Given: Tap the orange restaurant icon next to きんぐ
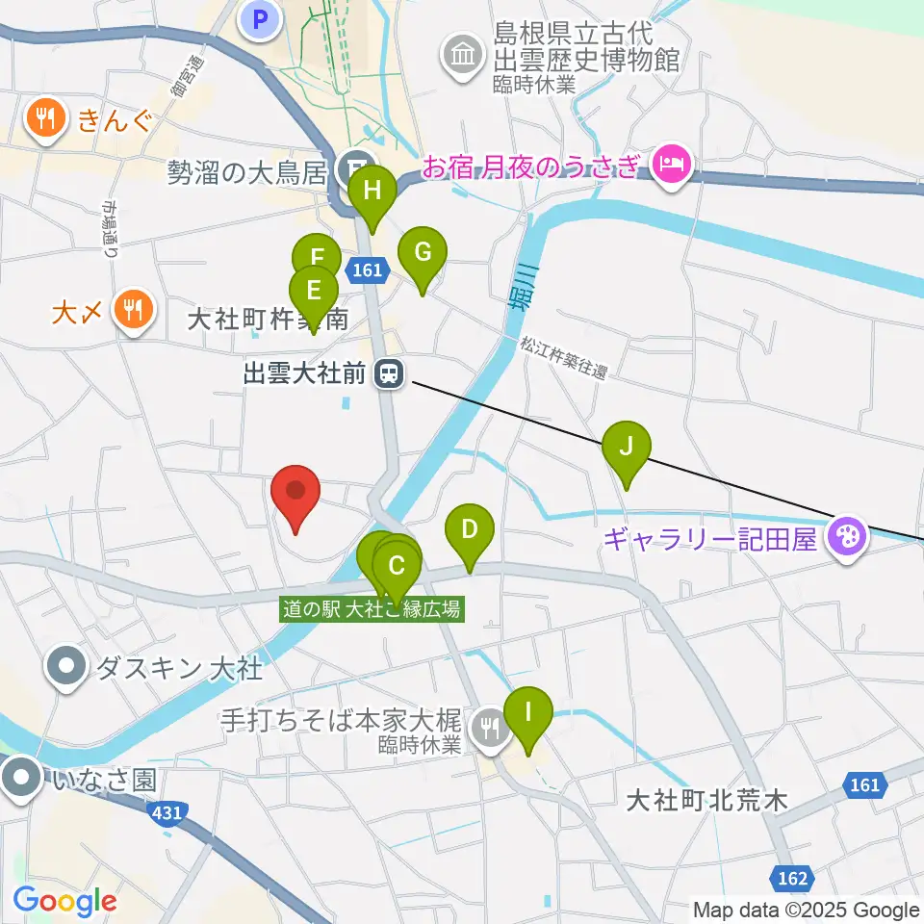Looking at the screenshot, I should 45,119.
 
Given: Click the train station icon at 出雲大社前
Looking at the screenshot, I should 388,372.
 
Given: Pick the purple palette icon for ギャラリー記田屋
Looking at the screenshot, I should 848,537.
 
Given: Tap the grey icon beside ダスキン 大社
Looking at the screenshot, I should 66,666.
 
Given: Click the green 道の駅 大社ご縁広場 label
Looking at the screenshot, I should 372,609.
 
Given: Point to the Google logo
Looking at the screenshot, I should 64,901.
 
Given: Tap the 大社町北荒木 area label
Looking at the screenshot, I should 706,799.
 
